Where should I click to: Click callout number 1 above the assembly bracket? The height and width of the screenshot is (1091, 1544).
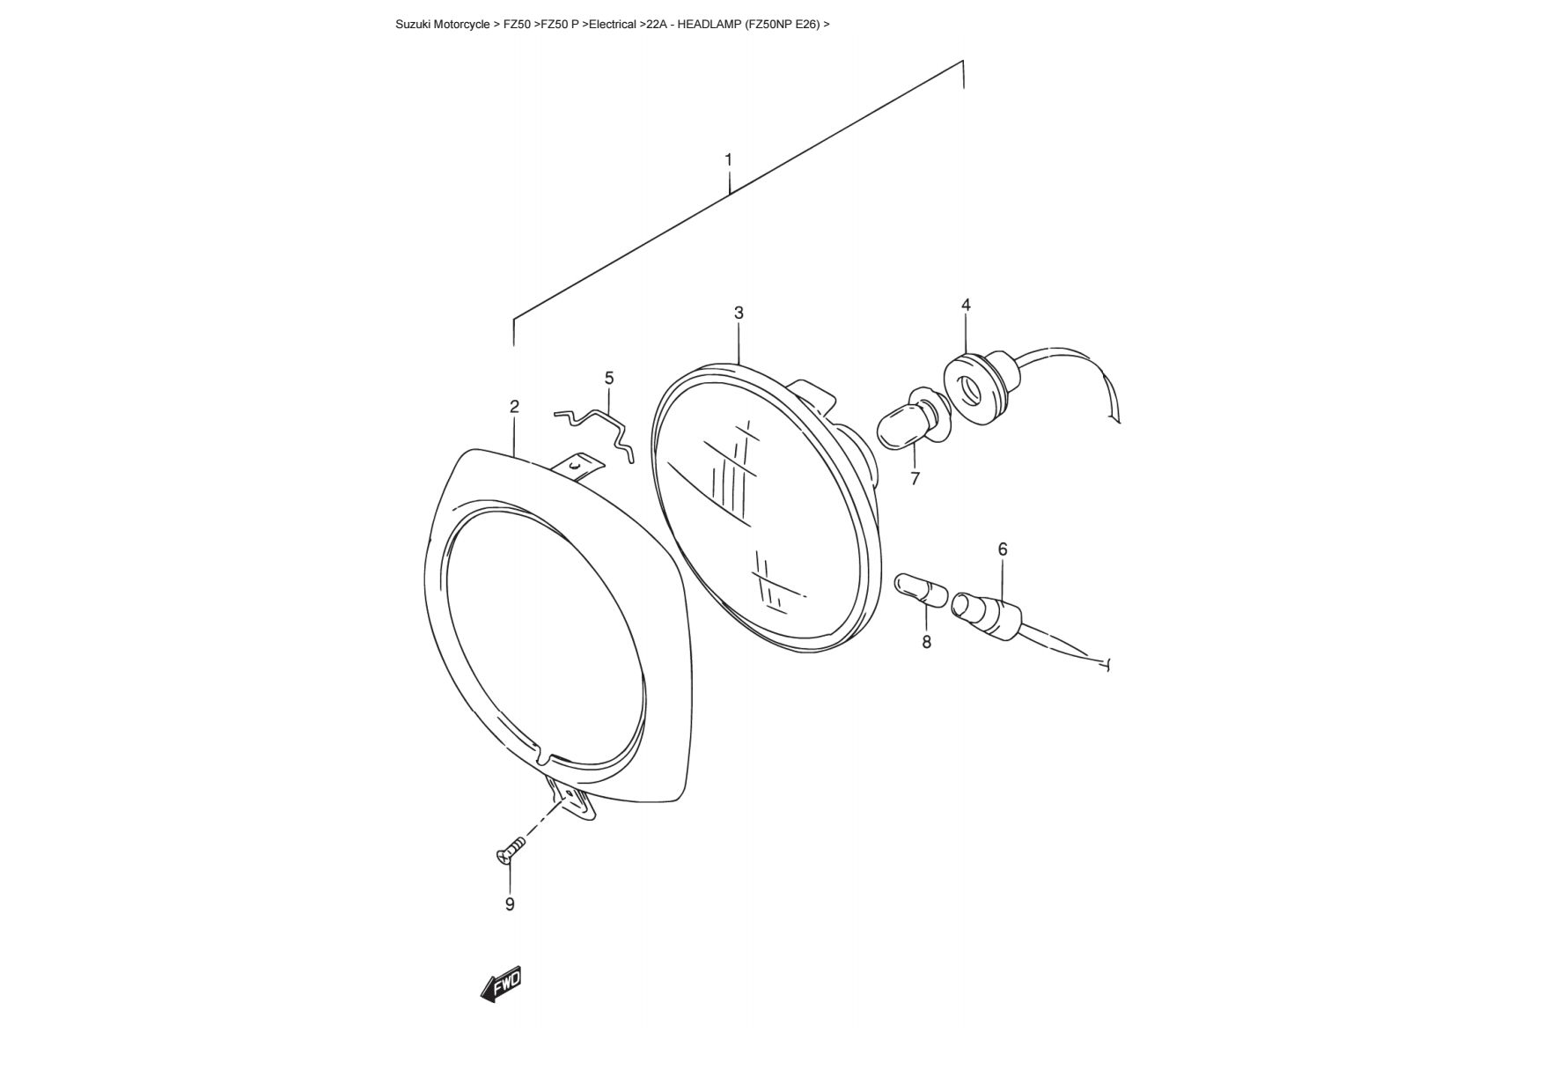coord(728,159)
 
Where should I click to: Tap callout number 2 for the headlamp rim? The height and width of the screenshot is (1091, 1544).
coord(514,406)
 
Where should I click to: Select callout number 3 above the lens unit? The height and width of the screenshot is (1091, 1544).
coord(739,313)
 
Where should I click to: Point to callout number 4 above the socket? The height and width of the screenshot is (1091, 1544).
coord(966,305)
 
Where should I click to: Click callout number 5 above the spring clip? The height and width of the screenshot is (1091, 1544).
coord(609,378)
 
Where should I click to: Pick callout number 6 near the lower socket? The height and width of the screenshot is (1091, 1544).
coord(1003,549)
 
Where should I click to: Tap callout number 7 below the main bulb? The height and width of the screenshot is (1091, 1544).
coord(915,478)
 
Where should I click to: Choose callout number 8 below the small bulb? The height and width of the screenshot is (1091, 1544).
coord(926,642)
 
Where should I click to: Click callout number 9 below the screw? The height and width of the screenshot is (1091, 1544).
coord(510,904)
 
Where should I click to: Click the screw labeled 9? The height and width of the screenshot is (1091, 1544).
coord(510,850)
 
